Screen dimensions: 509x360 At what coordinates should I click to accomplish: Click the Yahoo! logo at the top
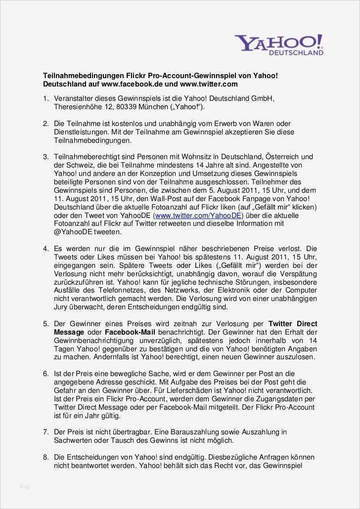[278, 43]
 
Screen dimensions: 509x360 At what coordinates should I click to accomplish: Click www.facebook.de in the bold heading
[130, 85]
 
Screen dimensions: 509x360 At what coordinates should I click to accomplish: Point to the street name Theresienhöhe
[77, 107]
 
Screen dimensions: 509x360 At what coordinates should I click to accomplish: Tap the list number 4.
[45, 248]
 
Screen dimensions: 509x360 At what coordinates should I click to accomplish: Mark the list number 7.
[45, 432]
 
